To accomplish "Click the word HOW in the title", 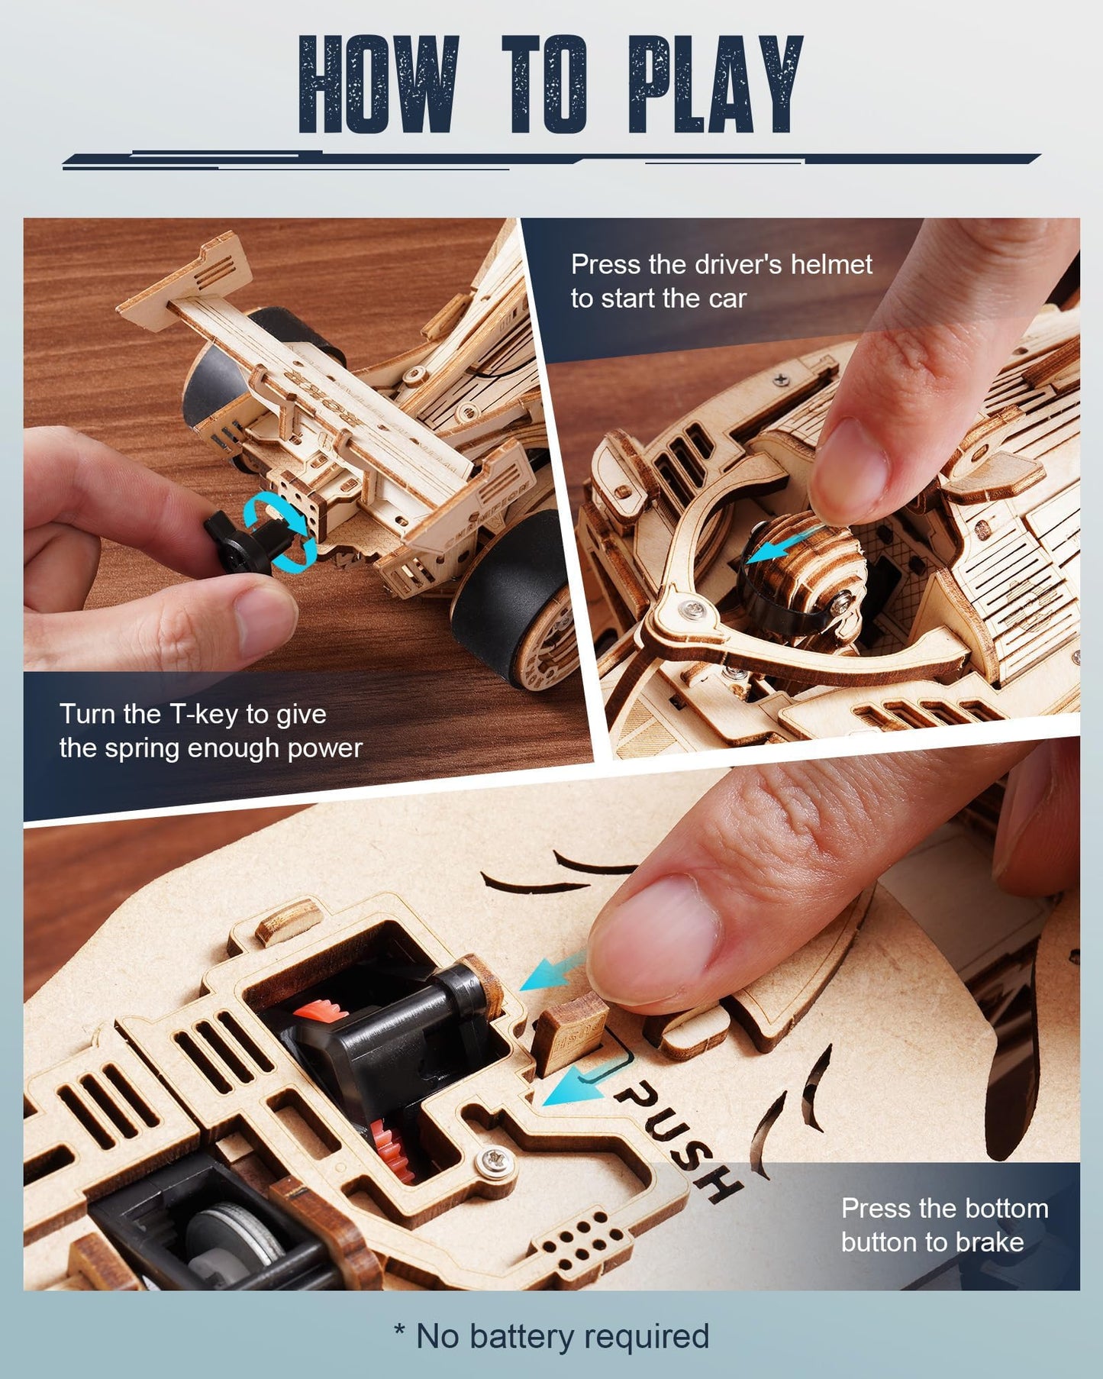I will click(379, 86).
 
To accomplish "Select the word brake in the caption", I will click(989, 1242).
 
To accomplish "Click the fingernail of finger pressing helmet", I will click(847, 466).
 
